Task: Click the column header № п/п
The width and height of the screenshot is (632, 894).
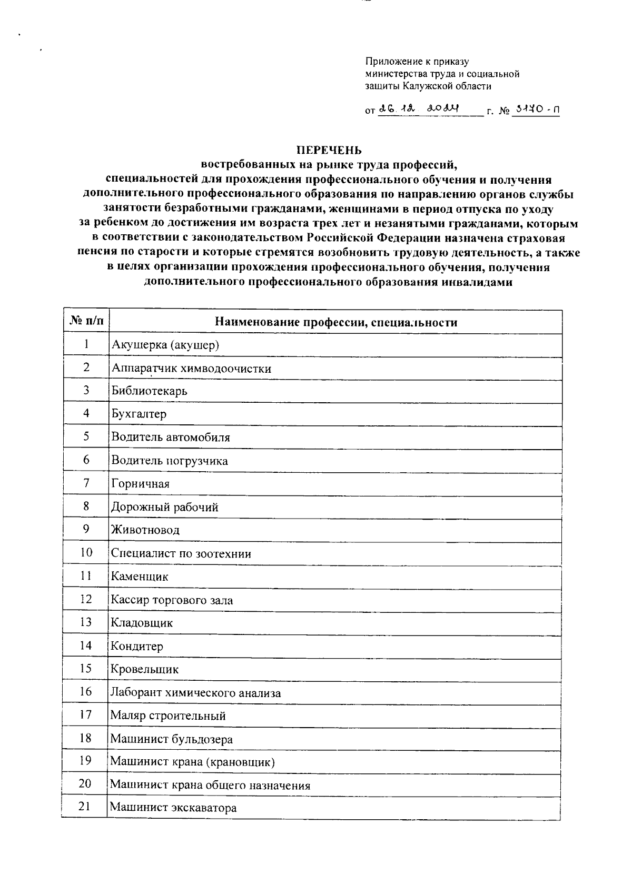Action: click(86, 321)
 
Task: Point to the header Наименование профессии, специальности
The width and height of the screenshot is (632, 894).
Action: click(336, 322)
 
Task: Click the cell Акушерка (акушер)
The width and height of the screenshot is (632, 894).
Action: click(165, 345)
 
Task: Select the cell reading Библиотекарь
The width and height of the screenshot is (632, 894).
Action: click(149, 391)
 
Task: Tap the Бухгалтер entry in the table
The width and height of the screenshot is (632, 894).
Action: click(139, 414)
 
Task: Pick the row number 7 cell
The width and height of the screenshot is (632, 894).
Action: click(86, 483)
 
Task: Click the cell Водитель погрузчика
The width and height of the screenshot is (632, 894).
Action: click(170, 461)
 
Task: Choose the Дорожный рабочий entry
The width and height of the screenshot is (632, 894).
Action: click(164, 507)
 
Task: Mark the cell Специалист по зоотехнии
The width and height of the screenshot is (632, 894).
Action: click(181, 553)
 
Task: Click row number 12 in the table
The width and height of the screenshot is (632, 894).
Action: click(86, 599)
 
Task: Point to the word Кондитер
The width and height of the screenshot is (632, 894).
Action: click(137, 646)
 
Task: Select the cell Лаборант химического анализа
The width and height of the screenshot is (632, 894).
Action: click(195, 693)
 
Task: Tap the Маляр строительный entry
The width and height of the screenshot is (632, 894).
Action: click(168, 716)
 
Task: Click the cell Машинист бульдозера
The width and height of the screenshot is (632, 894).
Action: click(171, 739)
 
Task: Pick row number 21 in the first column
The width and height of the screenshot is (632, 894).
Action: click(85, 807)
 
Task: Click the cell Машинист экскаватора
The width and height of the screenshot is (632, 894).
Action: click(173, 808)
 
